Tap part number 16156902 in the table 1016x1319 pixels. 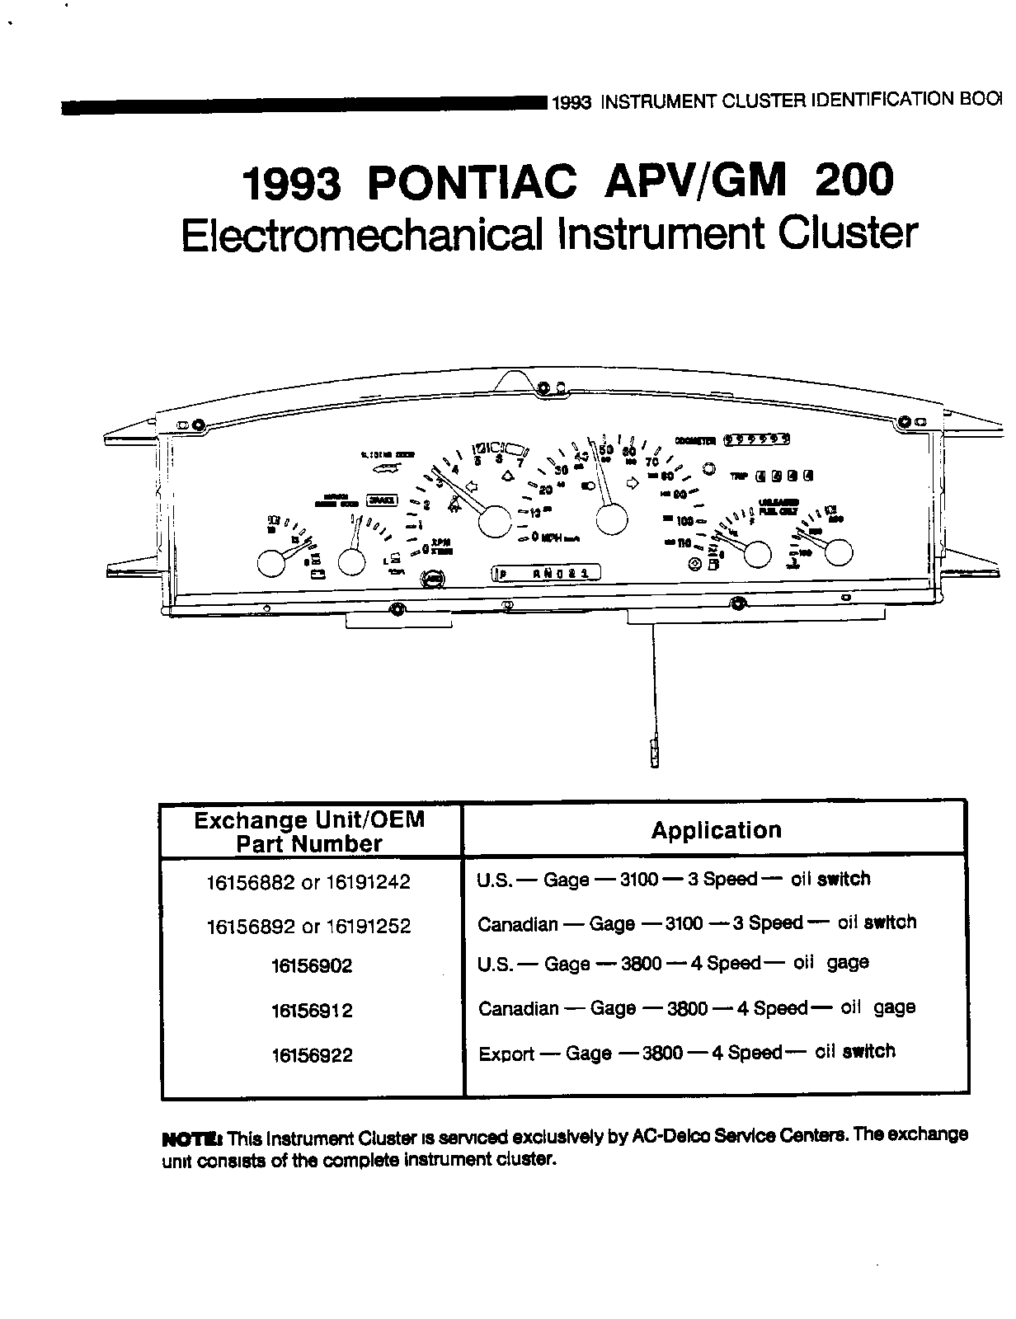[x=311, y=965]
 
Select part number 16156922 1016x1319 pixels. [x=311, y=1054]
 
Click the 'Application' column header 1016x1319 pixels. [x=716, y=830]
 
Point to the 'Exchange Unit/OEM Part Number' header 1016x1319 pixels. [x=309, y=831]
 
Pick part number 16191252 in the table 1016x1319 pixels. [x=369, y=926]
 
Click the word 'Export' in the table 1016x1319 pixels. [x=506, y=1054]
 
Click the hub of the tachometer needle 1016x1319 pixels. [x=495, y=521]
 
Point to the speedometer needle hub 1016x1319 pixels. [x=610, y=521]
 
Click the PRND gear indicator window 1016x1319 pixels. [x=547, y=573]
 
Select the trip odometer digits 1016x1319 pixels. [x=783, y=475]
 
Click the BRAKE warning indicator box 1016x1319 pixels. [x=382, y=500]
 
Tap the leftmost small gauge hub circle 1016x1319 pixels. [x=270, y=564]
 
